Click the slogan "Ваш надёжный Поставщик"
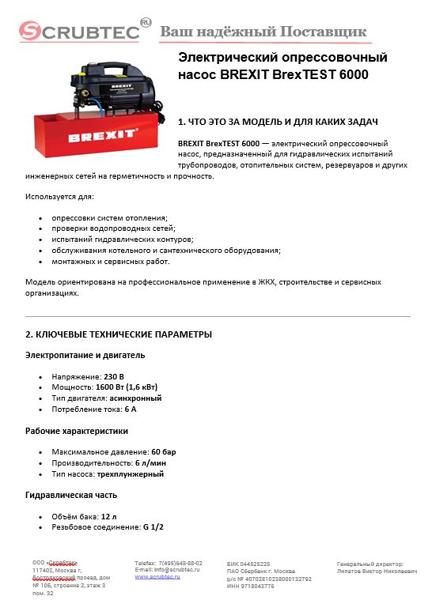[x=263, y=32]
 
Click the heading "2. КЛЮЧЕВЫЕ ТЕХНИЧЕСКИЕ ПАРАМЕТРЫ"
[x=119, y=334]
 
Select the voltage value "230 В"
[x=114, y=377]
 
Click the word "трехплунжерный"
[x=132, y=474]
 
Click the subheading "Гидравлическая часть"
[x=71, y=495]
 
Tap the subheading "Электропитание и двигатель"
[x=85, y=355]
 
